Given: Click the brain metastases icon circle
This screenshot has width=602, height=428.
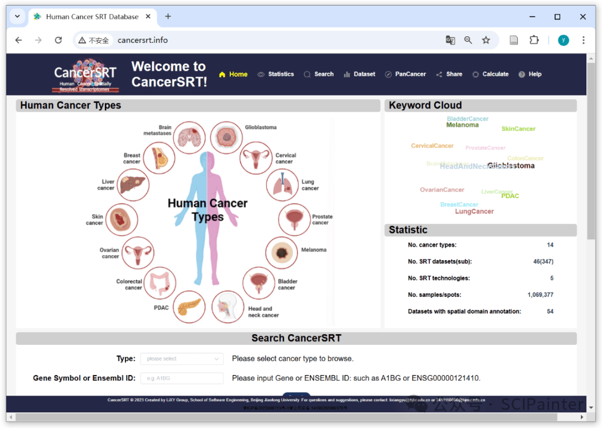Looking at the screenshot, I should click(189, 137).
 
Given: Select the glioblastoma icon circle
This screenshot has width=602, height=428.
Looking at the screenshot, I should click(226, 137).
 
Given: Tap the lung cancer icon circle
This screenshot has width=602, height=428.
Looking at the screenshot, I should click(283, 185).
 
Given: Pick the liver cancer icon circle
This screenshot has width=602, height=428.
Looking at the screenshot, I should click(133, 185).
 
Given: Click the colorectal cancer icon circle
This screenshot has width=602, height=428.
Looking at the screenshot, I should click(160, 284).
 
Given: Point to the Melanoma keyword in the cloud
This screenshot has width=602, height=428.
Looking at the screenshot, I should click(462, 126).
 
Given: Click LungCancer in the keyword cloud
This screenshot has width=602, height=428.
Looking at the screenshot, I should click(474, 211).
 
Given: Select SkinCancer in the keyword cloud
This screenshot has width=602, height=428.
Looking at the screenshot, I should click(518, 129).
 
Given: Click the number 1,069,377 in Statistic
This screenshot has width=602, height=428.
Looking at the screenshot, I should click(540, 295).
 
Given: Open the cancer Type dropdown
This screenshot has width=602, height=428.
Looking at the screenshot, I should click(182, 359).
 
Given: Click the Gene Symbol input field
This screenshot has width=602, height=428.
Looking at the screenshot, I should click(182, 378).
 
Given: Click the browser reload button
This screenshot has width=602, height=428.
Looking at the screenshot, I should click(58, 40).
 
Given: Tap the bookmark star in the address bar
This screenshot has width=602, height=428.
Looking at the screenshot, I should click(486, 40).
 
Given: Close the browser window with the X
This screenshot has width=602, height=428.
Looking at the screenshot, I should click(583, 17).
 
